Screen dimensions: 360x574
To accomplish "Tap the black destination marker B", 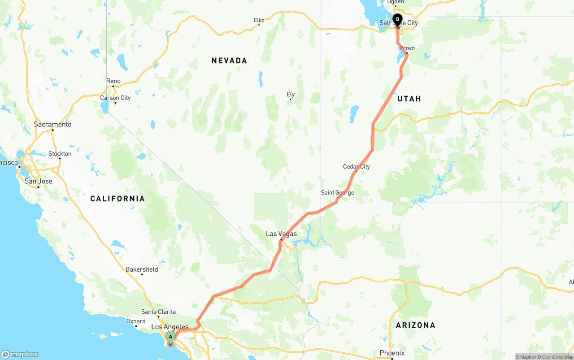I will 397,20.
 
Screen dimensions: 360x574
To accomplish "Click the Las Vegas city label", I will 281,234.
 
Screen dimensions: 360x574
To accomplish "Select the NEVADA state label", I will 229,61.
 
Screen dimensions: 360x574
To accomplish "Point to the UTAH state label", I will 409,99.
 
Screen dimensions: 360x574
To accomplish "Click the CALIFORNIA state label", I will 117,199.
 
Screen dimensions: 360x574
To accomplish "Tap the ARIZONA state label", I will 415,325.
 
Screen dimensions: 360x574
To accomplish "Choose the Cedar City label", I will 357,167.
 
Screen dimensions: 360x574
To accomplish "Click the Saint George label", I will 337,193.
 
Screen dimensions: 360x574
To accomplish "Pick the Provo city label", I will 407,48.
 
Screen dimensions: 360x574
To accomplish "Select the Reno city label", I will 113,81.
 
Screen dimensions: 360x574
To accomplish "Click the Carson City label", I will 116,98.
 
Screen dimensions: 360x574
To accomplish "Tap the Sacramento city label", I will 52,125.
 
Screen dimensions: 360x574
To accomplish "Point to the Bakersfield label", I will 142,269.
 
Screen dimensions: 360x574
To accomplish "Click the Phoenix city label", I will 392,353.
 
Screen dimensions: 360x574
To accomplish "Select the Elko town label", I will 259,20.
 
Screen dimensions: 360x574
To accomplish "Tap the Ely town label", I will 291,95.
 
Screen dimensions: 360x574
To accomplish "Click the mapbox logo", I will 20,354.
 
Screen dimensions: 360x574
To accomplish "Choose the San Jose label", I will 38,181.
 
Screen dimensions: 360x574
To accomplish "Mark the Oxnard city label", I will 136,321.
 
